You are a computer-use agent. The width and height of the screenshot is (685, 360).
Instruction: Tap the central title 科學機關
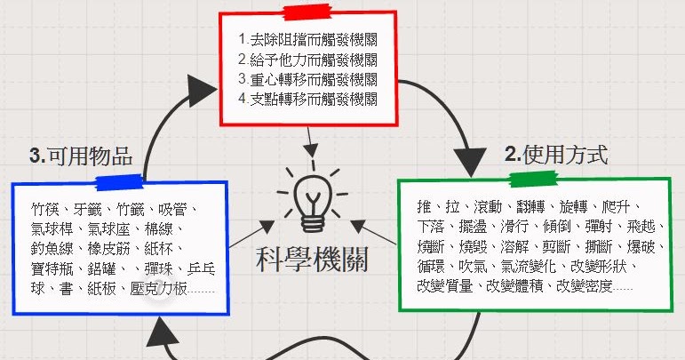[310, 259]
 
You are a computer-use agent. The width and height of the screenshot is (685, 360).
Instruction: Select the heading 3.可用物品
[81, 156]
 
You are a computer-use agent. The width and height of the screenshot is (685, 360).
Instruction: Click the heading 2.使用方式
[556, 155]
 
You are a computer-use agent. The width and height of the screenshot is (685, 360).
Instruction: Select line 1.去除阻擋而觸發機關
[308, 40]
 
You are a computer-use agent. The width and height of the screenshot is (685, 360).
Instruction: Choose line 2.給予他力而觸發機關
[308, 60]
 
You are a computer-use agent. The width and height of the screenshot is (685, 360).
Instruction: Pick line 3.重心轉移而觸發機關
[308, 79]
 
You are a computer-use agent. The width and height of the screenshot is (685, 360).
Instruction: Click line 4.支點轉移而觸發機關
[308, 99]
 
